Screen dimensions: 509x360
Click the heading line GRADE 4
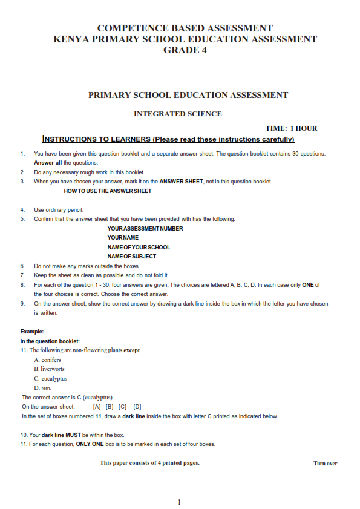(185, 50)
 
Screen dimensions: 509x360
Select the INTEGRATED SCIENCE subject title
(177, 114)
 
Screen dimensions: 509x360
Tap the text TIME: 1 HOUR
(291, 128)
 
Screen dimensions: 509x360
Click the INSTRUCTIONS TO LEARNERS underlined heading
(168, 139)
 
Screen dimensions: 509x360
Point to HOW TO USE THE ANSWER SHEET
(107, 191)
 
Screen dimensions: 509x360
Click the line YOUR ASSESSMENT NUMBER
(145, 229)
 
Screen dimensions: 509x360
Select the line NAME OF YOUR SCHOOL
(139, 247)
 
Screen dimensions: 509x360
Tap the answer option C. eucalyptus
(50, 379)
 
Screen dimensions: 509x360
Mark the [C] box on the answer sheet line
(123, 407)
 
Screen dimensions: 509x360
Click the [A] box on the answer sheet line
(97, 407)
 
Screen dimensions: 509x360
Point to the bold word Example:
(32, 332)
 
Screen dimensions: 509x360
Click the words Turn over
(325, 464)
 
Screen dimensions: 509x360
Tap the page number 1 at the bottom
(180, 502)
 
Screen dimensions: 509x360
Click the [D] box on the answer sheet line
(137, 407)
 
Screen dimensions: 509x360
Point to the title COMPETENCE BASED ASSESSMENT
(185, 28)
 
